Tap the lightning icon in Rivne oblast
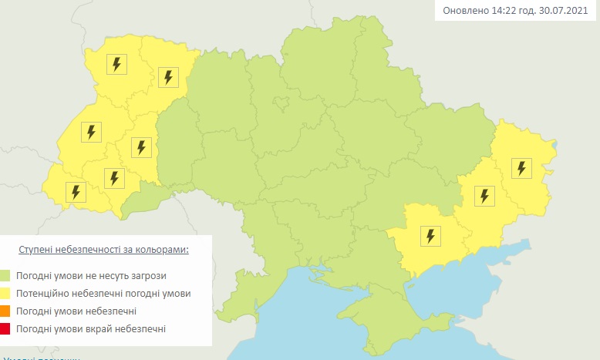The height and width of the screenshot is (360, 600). (x=168, y=77)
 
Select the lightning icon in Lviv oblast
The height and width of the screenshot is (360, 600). (x=91, y=132)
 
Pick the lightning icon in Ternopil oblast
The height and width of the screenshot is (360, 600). (x=140, y=146)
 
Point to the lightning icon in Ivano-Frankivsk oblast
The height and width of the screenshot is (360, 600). (x=114, y=178)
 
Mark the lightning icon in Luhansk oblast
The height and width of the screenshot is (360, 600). (x=522, y=167)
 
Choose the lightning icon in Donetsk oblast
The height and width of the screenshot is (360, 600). (x=484, y=196)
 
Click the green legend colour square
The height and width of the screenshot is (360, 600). (x=5, y=275)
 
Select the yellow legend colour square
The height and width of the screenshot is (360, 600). (x=5, y=294)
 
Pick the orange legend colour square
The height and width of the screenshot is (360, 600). (x=5, y=311)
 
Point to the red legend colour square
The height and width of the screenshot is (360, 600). (x=5, y=329)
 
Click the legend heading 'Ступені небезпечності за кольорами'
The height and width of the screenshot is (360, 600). (x=104, y=251)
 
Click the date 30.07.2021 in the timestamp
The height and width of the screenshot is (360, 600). (x=565, y=11)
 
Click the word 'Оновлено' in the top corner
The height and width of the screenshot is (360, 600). (x=465, y=11)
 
